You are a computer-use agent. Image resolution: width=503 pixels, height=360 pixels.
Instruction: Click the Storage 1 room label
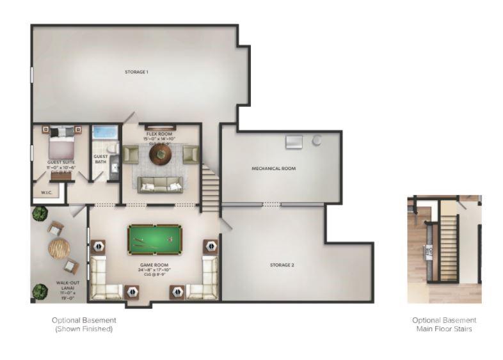(x=136, y=72)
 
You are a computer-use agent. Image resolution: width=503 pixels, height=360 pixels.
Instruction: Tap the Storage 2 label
(x=282, y=265)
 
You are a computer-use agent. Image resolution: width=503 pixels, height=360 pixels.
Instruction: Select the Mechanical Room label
(x=273, y=169)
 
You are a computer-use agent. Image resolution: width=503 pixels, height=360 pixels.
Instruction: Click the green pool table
(x=154, y=238)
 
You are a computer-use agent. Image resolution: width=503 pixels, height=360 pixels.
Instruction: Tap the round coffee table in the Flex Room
(x=160, y=154)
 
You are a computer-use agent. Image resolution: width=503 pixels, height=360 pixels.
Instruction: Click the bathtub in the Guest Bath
(x=105, y=132)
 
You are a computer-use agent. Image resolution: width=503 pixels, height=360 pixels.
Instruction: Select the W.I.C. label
(x=46, y=191)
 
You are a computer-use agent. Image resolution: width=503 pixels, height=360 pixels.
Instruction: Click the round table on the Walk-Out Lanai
(x=59, y=248)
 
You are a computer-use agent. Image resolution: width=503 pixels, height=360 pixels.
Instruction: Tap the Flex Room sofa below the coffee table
(x=160, y=184)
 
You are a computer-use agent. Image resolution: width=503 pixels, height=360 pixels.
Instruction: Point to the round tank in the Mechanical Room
(x=317, y=140)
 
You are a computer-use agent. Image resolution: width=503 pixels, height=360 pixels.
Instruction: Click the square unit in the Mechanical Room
(x=294, y=142)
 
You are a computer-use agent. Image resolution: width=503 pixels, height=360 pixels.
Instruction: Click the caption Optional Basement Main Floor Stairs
(x=444, y=324)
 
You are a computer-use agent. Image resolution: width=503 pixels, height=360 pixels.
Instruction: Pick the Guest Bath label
(x=100, y=159)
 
